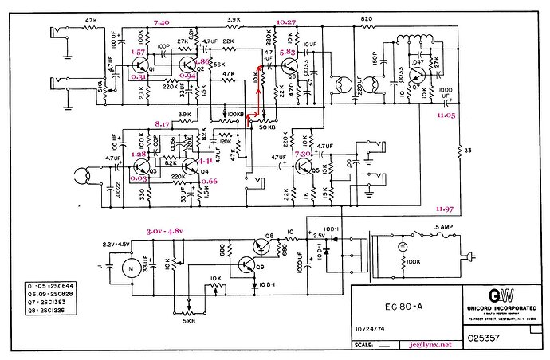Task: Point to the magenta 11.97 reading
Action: (445, 209)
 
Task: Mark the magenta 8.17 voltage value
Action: (165, 124)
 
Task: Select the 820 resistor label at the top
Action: (367, 18)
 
